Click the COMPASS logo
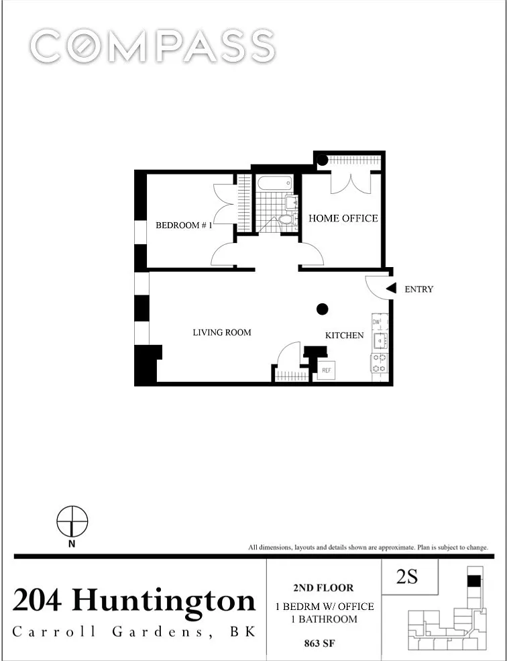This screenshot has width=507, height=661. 152,46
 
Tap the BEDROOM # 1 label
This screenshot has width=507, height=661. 184,225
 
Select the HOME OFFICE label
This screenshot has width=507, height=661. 343,218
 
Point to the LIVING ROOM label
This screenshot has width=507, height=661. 222,333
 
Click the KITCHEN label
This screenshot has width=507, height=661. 344,336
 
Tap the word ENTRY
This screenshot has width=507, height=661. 418,290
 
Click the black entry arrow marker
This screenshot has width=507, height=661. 392,289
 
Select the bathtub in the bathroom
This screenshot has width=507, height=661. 275,184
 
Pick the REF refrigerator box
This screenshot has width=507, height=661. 327,370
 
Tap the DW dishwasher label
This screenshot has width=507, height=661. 377,322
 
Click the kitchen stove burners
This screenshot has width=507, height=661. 379,363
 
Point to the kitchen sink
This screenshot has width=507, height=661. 380,340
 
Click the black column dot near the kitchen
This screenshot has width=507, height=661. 323,309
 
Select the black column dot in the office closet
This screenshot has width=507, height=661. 323,160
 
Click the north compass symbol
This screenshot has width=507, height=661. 72,522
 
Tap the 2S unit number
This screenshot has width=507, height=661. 407,577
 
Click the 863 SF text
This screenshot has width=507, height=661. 319,644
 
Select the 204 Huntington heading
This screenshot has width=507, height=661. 134,601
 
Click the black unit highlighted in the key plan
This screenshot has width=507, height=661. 474,581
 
